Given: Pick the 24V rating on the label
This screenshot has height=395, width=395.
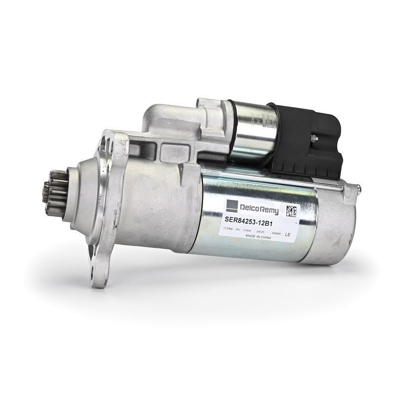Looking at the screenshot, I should coord(238,230).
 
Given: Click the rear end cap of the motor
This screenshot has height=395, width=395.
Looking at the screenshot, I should coord(336,222).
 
